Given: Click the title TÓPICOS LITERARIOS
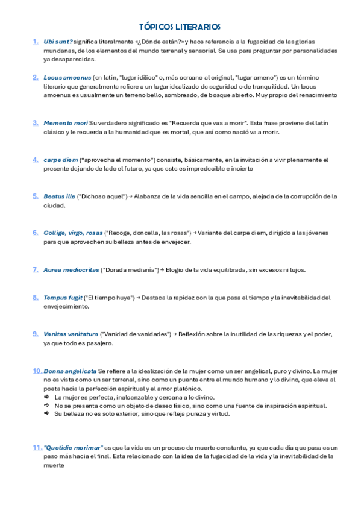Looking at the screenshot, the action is (x=180, y=27).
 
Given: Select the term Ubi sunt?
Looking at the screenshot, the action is (x=58, y=42).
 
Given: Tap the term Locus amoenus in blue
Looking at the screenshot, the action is (x=67, y=78).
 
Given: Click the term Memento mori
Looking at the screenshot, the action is (x=65, y=123).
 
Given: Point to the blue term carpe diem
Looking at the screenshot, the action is (x=61, y=160).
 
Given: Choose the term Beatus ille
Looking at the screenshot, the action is (x=59, y=196).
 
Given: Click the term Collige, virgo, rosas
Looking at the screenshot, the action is (x=73, y=233).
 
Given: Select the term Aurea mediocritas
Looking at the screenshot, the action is (x=71, y=270).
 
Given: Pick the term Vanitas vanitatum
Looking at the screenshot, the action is (x=71, y=334).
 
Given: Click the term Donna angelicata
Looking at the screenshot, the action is (x=69, y=371).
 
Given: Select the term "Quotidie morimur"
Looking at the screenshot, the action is (x=73, y=448).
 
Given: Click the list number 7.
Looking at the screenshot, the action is (x=36, y=269).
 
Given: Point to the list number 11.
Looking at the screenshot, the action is (x=37, y=448).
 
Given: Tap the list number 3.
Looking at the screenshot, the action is (x=36, y=122).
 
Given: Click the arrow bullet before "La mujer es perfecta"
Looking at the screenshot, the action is (x=47, y=398).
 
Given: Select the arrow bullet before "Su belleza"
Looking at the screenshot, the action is (x=47, y=414).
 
